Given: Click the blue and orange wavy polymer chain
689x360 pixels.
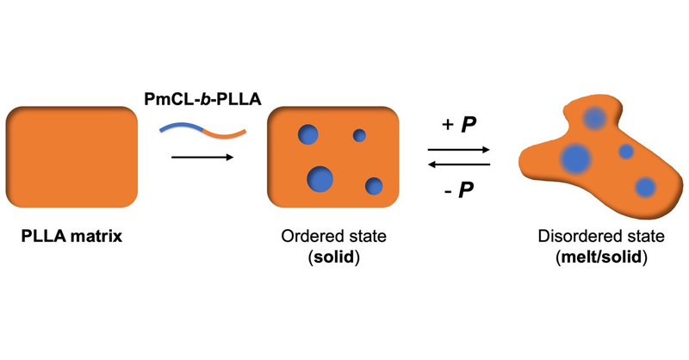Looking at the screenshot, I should pos(203,129).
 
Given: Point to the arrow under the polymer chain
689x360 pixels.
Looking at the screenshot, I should pos(203,158).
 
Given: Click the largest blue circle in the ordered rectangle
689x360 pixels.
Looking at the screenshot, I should pos(320,177).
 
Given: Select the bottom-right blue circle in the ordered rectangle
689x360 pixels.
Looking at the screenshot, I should pos(374,185).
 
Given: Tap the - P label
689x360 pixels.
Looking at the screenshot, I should pos(458,189).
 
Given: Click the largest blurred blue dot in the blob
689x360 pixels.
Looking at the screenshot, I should pos(574,158).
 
